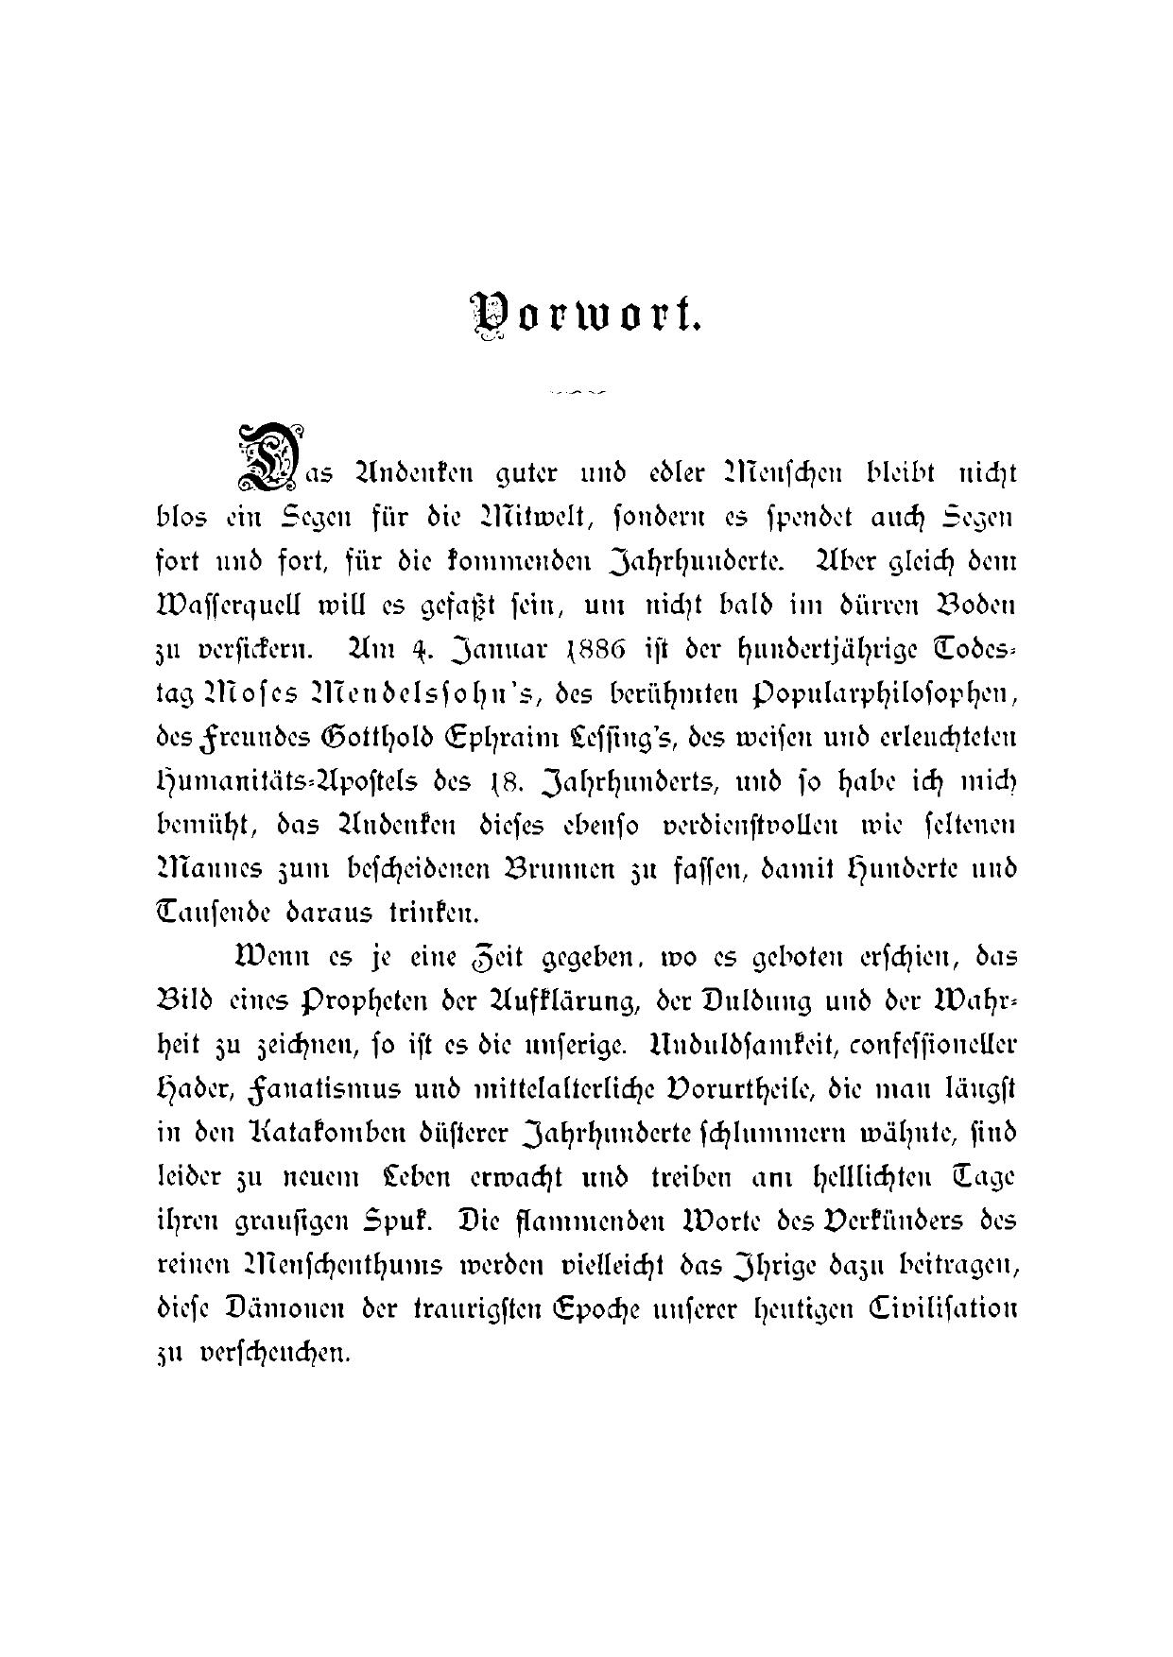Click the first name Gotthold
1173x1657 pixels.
click(x=354, y=738)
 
